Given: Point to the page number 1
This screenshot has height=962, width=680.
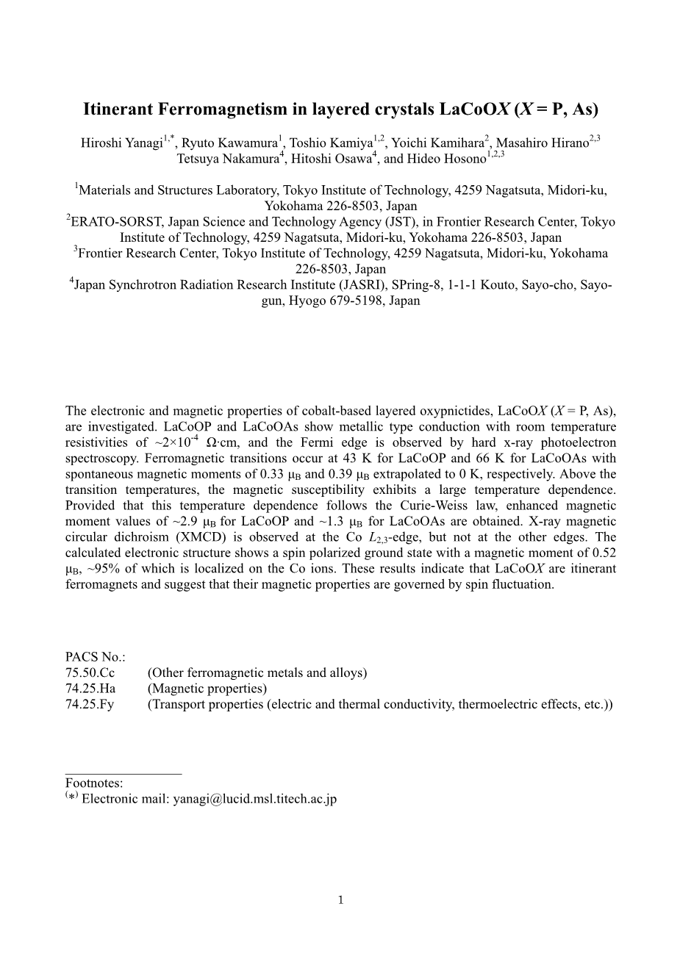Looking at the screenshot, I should click(x=340, y=900).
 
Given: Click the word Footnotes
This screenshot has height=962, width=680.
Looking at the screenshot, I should click(x=94, y=783).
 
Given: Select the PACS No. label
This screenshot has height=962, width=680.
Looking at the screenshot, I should click(x=96, y=657).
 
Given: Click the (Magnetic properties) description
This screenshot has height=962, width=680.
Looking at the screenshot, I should click(x=207, y=689).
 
